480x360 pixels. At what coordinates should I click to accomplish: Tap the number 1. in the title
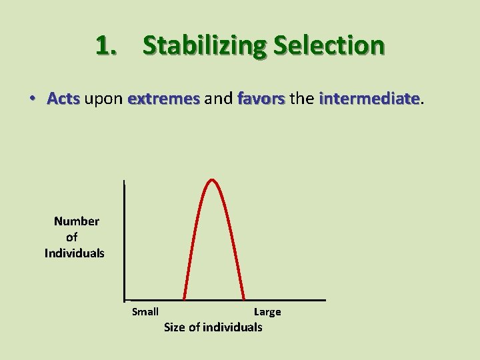click(109, 46)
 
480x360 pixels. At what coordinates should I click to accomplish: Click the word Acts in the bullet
click(63, 99)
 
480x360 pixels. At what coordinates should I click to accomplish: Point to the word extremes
click(163, 99)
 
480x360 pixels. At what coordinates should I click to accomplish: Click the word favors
click(261, 99)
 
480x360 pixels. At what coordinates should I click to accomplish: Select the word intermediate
click(369, 99)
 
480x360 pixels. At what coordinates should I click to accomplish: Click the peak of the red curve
click(213, 179)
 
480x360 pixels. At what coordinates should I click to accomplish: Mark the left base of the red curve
click(184, 299)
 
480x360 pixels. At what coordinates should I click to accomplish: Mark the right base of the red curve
click(244, 299)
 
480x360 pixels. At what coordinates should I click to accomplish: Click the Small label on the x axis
click(145, 311)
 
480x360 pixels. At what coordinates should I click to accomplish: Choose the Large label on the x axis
click(267, 311)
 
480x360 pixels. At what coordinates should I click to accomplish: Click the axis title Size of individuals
click(213, 327)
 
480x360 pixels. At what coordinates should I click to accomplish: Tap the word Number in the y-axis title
click(76, 221)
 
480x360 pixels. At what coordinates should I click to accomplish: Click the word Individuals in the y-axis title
click(75, 253)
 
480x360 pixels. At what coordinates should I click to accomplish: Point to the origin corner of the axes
click(125, 299)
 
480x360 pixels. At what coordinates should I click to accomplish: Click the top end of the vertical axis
click(125, 181)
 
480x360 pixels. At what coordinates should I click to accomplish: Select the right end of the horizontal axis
click(325, 299)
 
